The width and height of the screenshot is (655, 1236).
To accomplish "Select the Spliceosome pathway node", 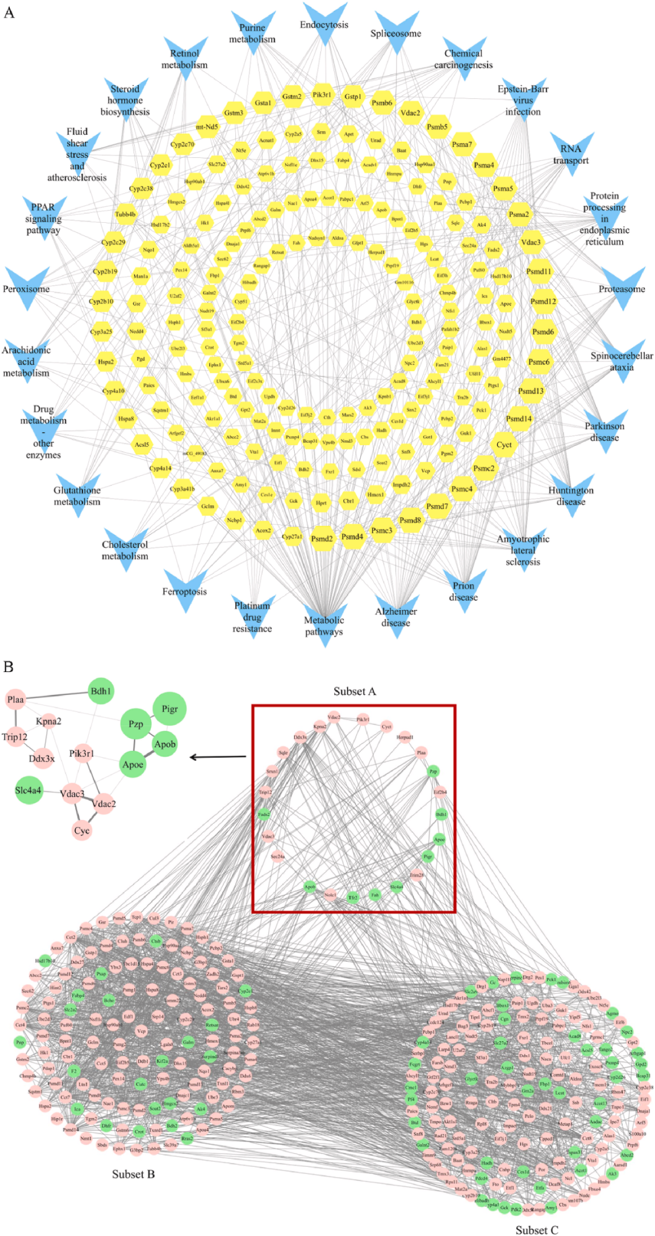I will (x=397, y=32).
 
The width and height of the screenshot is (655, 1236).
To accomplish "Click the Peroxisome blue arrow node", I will (x=27, y=288).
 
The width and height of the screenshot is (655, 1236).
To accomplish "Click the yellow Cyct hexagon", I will (x=504, y=444).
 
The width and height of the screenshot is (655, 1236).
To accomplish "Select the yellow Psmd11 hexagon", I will (x=539, y=271).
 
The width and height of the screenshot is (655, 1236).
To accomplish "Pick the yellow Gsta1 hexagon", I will (x=263, y=103).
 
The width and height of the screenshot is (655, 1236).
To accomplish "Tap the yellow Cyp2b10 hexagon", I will (x=101, y=301).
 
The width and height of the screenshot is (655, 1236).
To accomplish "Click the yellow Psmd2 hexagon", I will (x=321, y=538).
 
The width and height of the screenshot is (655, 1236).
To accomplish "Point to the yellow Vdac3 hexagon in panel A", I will (x=531, y=242).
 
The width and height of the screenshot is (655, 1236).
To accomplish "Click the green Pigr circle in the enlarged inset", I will (x=170, y=708).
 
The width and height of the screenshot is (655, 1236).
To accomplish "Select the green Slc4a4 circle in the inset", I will (x=29, y=790).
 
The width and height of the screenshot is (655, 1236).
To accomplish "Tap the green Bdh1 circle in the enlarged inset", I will (x=101, y=691).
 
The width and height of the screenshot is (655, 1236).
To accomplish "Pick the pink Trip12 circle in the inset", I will (x=15, y=737).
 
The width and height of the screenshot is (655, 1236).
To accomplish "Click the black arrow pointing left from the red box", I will (x=218, y=757).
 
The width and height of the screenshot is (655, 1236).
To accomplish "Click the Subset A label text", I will (x=355, y=691).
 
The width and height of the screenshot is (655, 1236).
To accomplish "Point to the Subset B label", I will (x=133, y=1174).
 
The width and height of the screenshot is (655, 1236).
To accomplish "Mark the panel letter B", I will (x=8, y=667).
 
